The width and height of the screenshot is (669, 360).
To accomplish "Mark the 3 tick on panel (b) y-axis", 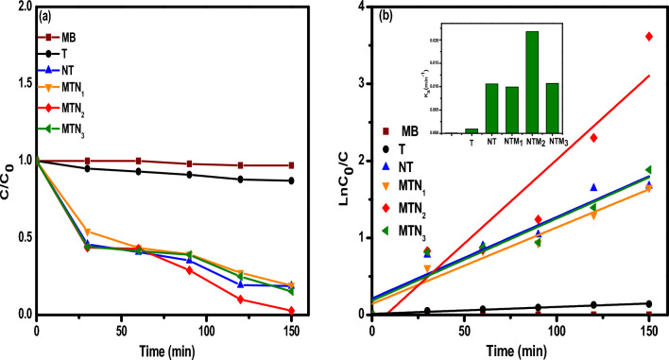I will (x=360, y=83).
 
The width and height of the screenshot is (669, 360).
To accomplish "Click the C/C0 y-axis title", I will (x=9, y=161).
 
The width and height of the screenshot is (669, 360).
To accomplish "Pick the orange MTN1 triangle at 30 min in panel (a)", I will (x=87, y=231).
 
